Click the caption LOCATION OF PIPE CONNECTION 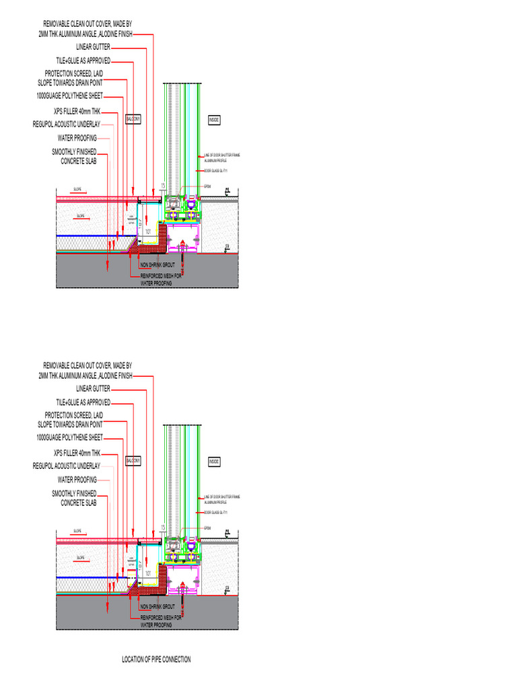point(156,659)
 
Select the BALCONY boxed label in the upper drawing point(133,119)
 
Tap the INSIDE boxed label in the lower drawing point(214,462)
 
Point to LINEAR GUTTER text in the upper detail point(93,47)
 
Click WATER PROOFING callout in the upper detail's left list point(77,138)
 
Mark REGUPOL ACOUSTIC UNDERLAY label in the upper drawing point(66,124)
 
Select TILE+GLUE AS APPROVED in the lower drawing point(83,402)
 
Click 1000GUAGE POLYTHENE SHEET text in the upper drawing point(70,97)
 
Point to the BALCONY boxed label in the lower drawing point(133,462)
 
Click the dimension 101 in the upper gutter point(147,231)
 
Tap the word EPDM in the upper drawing point(207,186)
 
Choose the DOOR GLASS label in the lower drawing point(215,512)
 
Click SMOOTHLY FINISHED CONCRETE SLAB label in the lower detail point(74,498)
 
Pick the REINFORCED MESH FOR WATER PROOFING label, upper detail point(160,279)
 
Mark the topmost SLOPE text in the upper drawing point(79,190)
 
